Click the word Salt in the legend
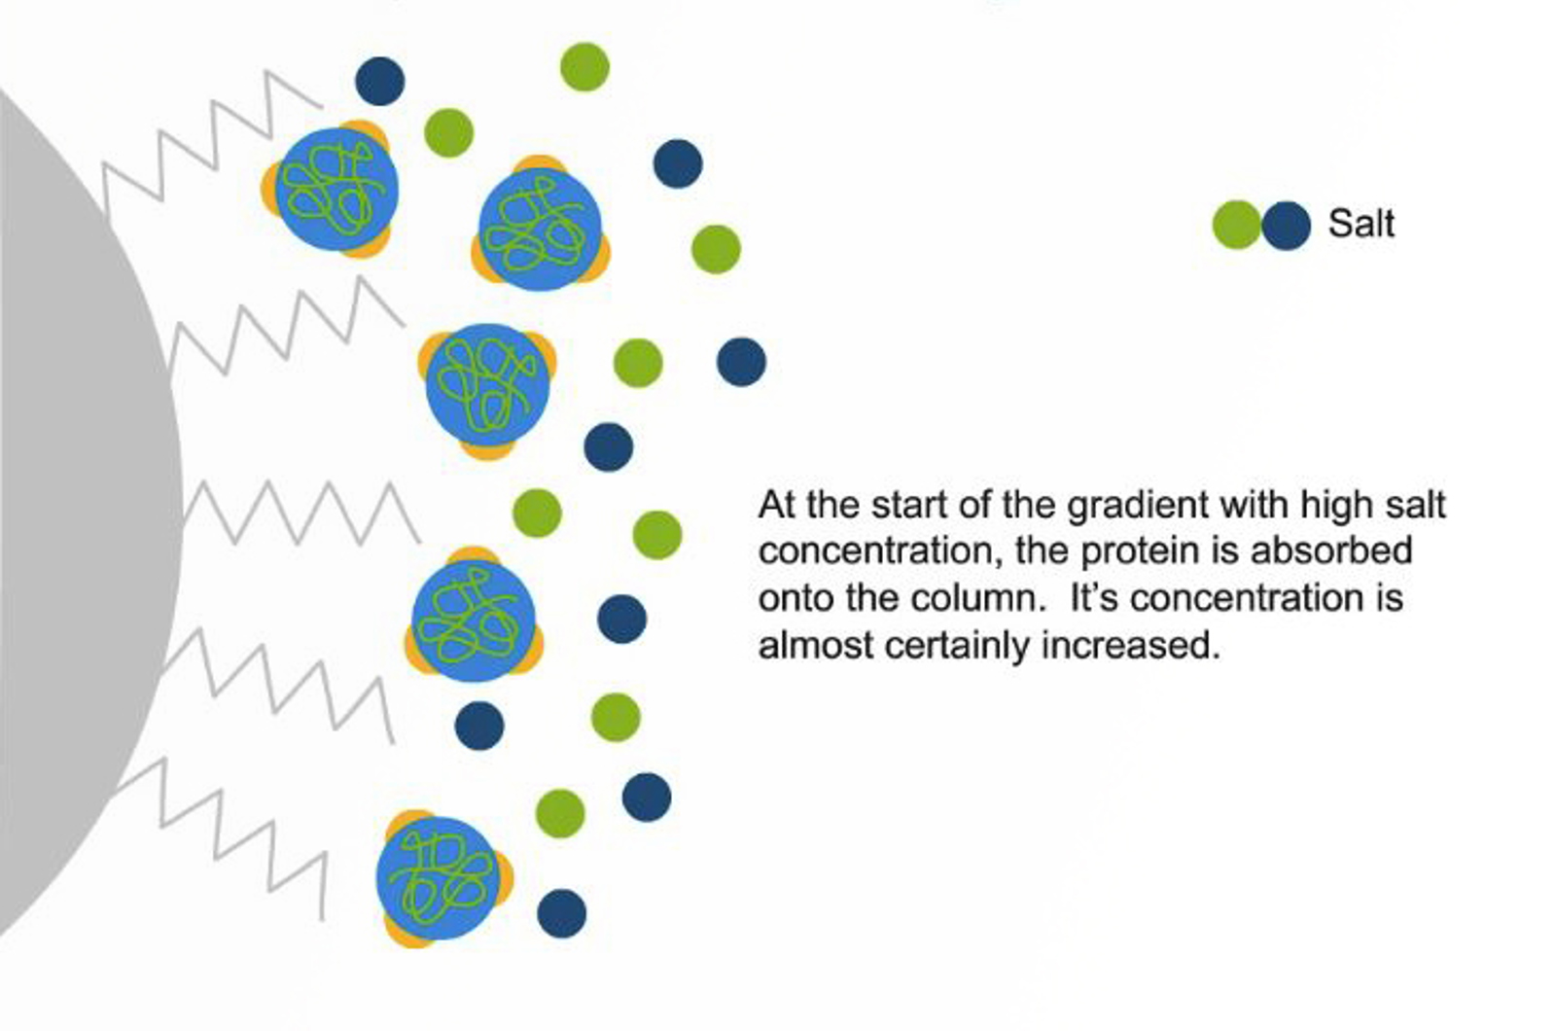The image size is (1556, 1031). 1361,224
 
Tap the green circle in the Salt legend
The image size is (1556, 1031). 1237,225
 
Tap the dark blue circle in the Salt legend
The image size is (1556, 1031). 1286,225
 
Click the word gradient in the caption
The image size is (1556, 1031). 1138,506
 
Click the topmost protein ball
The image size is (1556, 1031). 336,189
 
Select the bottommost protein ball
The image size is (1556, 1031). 439,879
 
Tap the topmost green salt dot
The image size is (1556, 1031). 584,67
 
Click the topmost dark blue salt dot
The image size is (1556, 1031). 380,82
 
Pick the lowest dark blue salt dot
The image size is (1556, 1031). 562,913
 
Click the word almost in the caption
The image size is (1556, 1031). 816,646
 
